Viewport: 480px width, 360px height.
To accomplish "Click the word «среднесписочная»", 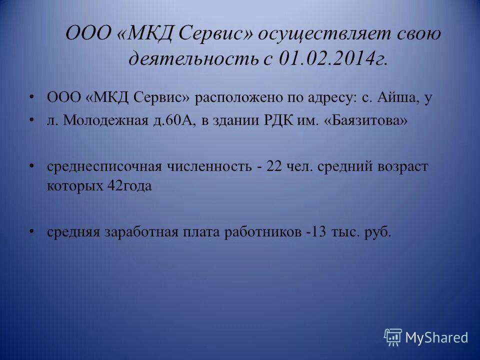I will click(104, 166).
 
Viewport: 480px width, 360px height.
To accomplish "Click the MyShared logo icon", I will click(393, 337).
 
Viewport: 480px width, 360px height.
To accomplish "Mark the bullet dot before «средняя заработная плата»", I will click(32, 230).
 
